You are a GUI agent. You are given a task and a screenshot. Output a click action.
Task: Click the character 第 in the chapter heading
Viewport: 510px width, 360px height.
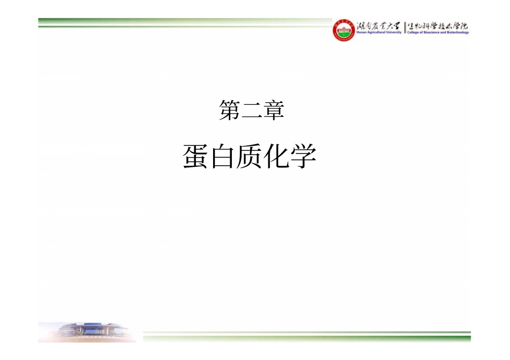pos(229,111)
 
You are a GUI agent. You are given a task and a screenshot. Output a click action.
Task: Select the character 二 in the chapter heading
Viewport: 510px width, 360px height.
pos(251,111)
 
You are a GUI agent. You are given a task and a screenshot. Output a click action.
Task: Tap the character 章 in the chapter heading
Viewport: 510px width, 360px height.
pos(273,111)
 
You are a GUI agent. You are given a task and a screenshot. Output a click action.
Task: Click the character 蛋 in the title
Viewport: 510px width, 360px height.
pos(196,157)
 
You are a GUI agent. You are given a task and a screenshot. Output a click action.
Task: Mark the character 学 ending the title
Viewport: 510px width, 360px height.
pos(303,157)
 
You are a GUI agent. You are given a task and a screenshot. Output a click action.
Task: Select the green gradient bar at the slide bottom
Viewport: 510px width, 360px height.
pos(306,336)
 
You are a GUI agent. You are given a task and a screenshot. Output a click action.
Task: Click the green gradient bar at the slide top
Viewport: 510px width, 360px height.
pos(183,23)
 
